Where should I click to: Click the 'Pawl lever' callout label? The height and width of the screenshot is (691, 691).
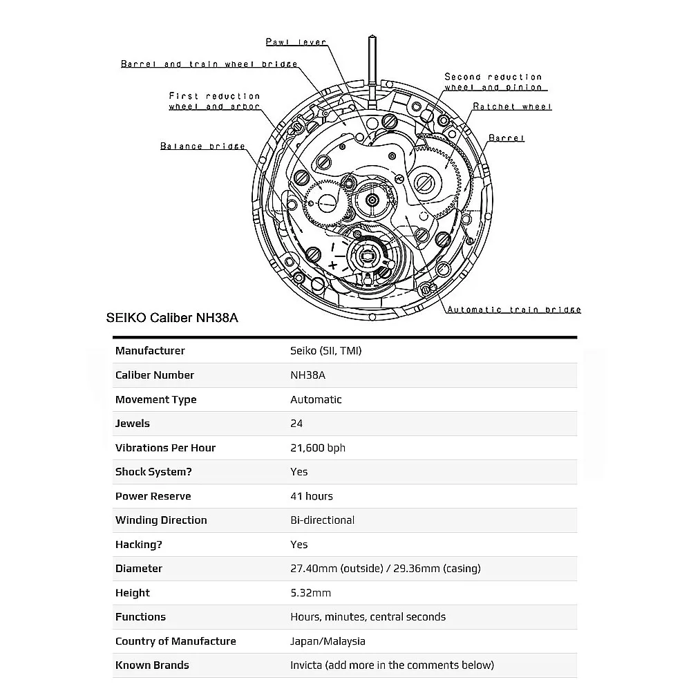296,42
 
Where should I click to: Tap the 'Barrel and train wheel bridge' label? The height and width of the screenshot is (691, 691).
209,64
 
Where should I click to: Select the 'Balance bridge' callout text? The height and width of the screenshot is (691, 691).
202,146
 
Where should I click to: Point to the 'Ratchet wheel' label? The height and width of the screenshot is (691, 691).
512,107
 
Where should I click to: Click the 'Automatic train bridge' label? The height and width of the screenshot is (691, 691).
513,310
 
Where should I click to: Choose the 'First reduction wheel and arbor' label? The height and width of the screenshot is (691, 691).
214,102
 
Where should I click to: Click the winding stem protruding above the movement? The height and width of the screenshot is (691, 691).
373,66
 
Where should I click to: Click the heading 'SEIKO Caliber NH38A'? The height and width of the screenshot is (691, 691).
173,318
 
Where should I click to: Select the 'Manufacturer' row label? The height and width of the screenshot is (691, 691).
150,351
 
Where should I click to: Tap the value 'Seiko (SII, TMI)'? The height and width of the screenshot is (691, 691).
325,351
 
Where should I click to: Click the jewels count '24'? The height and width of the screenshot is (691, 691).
296,424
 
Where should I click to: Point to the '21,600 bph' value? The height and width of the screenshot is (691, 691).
317,448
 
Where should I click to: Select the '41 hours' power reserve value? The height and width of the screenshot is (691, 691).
311,496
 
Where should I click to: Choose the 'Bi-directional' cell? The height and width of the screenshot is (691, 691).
322,520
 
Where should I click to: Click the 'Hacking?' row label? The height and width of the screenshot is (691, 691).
138,545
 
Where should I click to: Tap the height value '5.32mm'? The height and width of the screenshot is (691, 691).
310,593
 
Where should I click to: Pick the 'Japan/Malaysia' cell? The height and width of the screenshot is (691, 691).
328,641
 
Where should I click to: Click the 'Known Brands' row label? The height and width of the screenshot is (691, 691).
152,665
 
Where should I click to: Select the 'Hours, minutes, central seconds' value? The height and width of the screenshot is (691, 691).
368,617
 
